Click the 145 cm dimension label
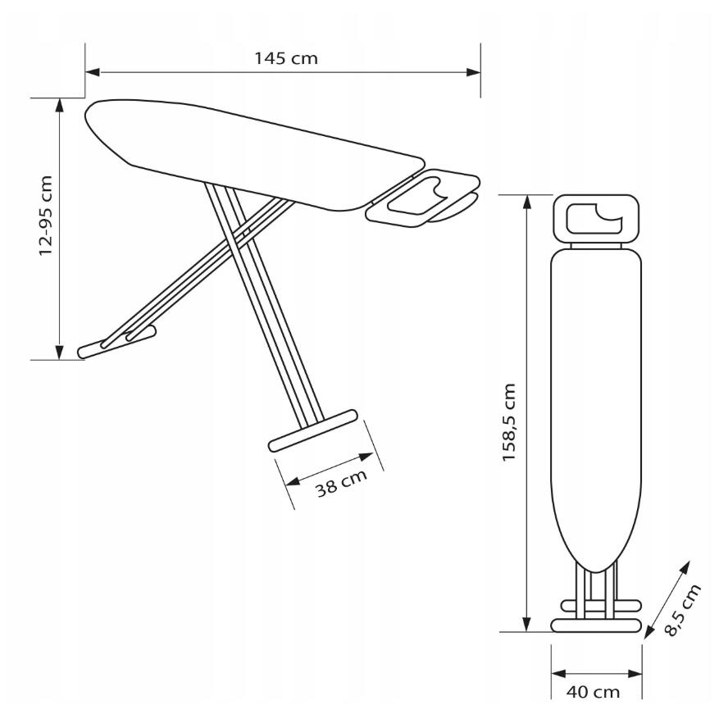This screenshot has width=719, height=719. [x=285, y=59]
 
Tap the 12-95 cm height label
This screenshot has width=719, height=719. [x=46, y=216]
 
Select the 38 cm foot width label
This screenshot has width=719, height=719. [x=342, y=483]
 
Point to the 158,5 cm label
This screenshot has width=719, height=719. [x=509, y=422]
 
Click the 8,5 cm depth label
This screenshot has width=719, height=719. [x=682, y=610]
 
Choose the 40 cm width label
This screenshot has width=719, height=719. [x=593, y=691]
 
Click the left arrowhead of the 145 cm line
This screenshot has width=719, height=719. [x=92, y=72]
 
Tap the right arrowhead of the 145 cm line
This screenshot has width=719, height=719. [x=473, y=72]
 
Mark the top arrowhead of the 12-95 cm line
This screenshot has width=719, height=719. [x=59, y=105]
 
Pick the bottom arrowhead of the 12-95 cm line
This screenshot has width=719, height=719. [x=59, y=353]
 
